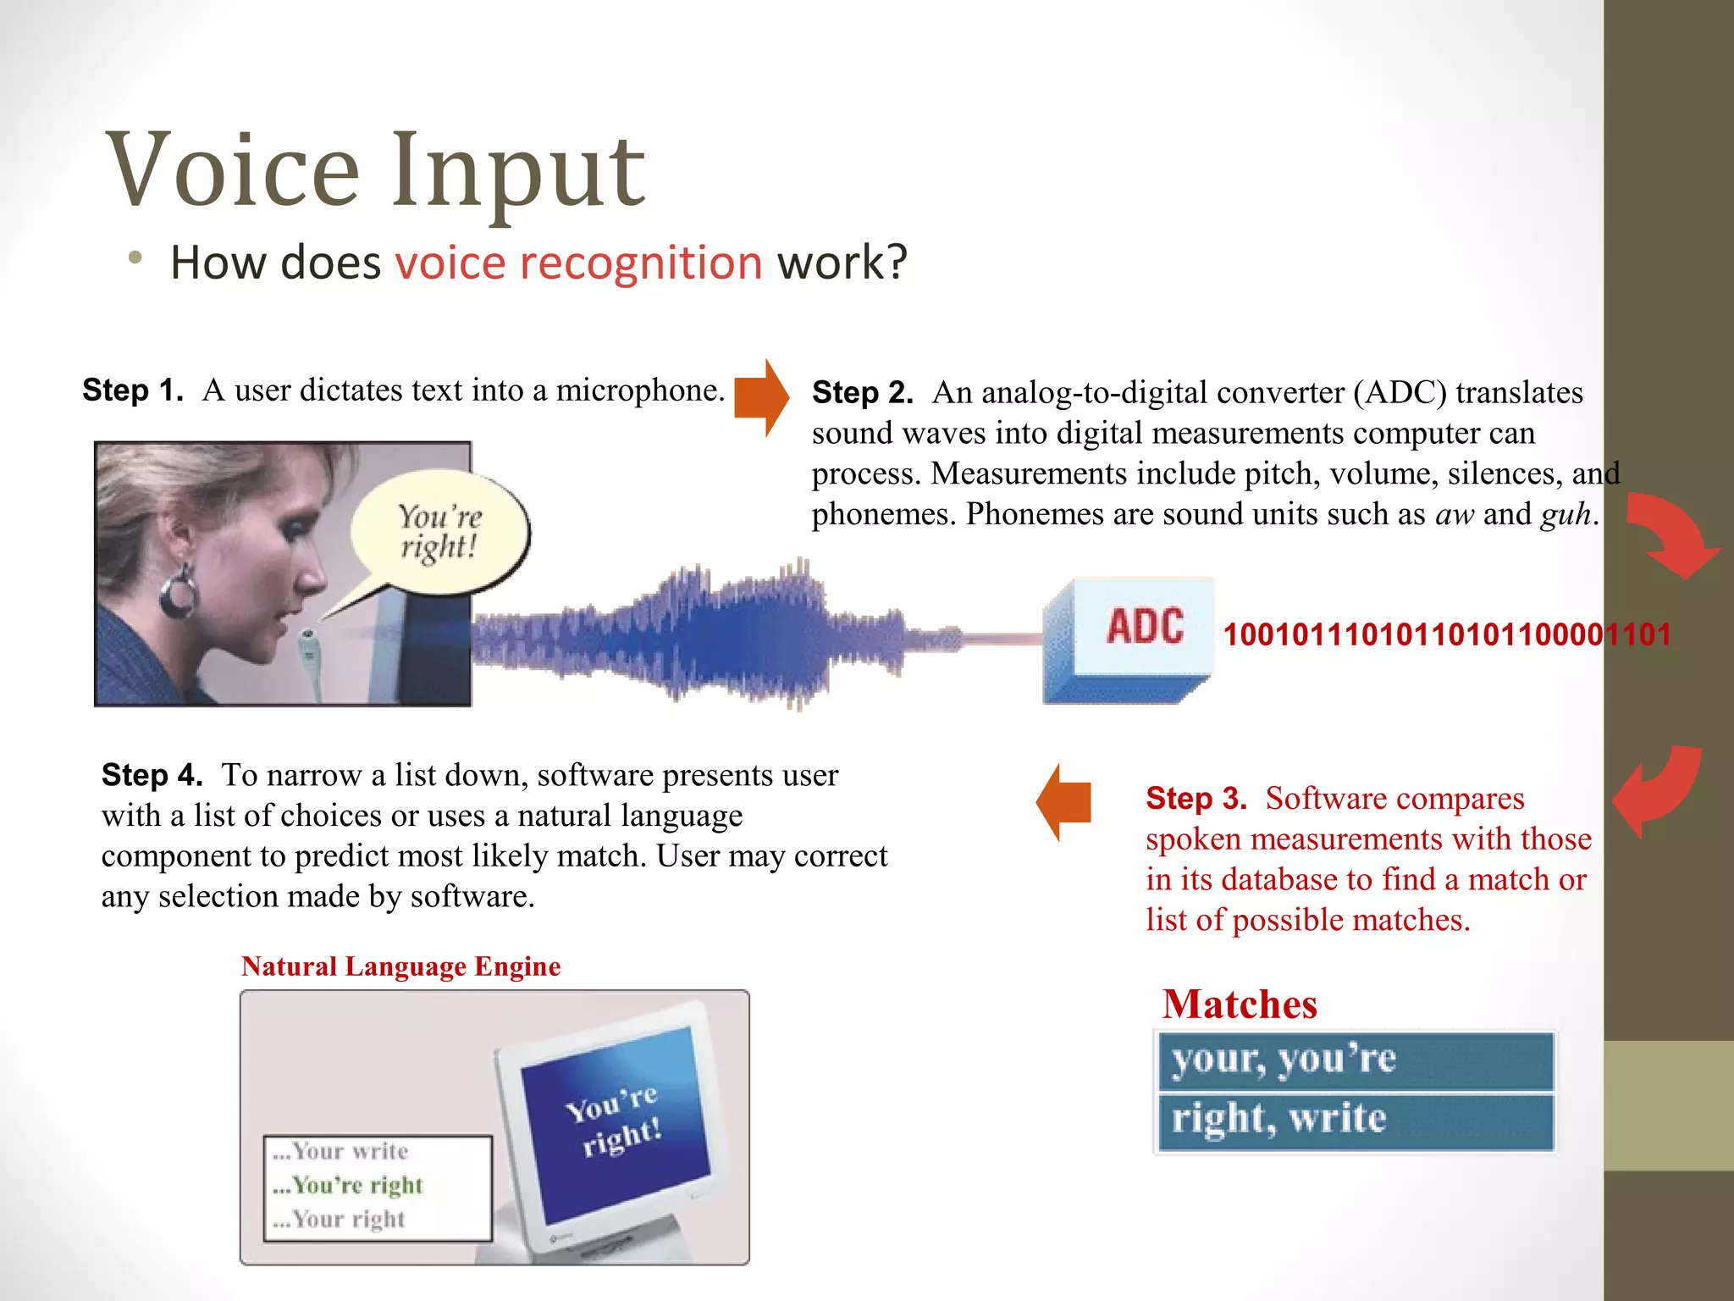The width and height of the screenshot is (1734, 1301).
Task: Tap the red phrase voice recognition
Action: click(x=579, y=263)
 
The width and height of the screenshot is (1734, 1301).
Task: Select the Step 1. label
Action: click(x=133, y=390)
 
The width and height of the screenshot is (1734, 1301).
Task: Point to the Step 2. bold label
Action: click(x=862, y=393)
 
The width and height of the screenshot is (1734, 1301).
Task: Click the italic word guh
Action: click(x=1566, y=515)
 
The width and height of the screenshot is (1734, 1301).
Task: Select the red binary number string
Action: click(x=1446, y=634)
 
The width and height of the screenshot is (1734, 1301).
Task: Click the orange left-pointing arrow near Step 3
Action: click(x=1064, y=801)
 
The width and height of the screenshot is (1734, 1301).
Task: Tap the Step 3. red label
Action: click(x=1196, y=799)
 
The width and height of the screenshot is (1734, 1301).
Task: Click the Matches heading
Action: click(x=1239, y=1005)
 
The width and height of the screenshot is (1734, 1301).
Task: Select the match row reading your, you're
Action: click(x=1355, y=1060)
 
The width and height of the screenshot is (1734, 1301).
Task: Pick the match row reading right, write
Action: click(x=1355, y=1121)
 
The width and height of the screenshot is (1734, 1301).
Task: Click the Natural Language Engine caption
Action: click(x=400, y=966)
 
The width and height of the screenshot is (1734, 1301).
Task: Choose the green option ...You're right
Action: click(x=349, y=1185)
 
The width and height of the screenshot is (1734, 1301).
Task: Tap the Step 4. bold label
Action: click(x=152, y=775)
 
